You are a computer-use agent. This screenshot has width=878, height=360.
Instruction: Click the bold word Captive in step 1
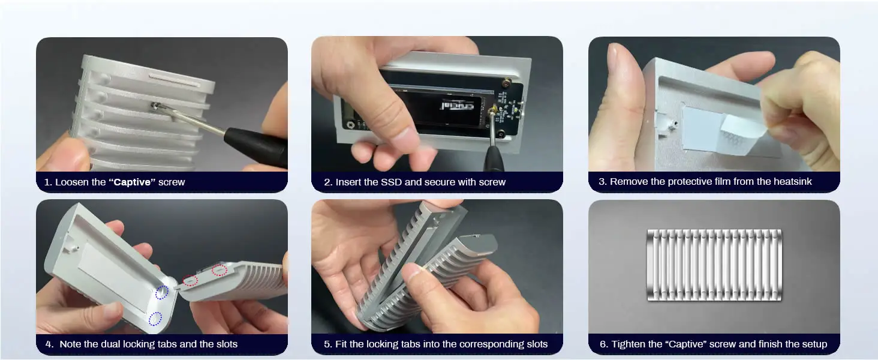[x=132, y=182]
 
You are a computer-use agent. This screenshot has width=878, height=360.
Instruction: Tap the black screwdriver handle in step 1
[x=256, y=145]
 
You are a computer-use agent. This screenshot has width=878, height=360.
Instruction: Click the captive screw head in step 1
[x=155, y=106]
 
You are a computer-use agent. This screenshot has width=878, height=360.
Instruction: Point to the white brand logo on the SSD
[x=457, y=106]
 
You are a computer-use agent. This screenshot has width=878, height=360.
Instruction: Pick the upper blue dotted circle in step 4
[x=161, y=292]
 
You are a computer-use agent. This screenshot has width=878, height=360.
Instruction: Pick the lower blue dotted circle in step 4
[x=155, y=319]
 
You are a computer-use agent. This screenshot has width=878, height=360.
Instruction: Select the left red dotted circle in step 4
[x=191, y=281]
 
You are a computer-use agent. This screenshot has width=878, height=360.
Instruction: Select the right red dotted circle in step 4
[x=220, y=270]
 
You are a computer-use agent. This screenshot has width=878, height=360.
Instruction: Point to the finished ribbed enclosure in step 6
[x=714, y=265]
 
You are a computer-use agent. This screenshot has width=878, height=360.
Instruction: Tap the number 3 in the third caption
[x=602, y=182]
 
